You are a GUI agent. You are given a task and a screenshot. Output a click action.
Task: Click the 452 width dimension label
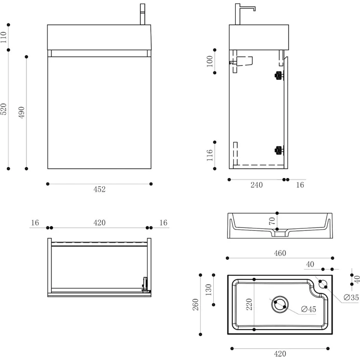99,190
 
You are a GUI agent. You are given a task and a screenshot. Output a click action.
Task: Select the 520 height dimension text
4,109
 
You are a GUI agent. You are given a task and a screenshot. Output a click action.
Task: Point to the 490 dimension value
22,112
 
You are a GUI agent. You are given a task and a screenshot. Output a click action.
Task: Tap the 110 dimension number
4,37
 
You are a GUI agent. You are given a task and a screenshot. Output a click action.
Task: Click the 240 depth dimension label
256,185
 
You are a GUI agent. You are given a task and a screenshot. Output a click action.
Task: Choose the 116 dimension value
210,156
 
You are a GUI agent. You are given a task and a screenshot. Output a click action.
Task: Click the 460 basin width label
280,253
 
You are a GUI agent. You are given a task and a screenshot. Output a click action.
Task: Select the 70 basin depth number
272,221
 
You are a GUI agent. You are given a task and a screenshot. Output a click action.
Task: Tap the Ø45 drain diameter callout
309,309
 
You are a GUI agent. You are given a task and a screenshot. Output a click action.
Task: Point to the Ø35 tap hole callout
351,297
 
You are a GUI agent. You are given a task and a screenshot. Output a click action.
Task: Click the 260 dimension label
195,304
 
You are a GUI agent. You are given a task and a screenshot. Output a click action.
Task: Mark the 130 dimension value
209,290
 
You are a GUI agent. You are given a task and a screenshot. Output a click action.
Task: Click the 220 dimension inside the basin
249,305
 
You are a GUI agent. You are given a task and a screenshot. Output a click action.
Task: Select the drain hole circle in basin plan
280,304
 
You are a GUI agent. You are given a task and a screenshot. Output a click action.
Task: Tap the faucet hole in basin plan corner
322,283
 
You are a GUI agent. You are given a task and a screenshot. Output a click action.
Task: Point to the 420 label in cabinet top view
99,223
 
